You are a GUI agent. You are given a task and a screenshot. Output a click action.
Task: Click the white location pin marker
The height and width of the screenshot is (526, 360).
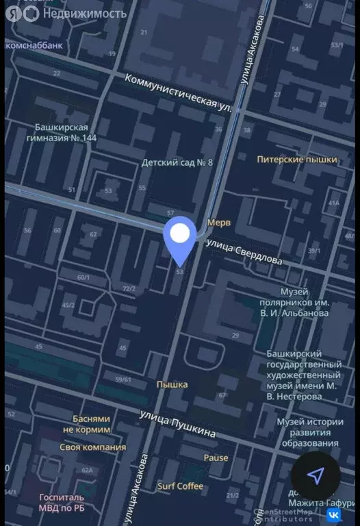(180, 236)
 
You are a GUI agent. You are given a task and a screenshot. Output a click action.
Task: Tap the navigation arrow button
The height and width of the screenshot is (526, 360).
(316, 476)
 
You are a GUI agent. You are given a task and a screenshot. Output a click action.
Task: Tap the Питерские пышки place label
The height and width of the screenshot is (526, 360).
(297, 160)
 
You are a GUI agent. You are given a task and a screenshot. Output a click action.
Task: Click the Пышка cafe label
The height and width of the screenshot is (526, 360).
(172, 384)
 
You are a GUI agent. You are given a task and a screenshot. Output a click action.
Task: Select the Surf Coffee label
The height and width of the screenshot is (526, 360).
(180, 486)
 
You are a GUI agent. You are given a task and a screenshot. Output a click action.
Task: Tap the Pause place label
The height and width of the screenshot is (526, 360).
(216, 458)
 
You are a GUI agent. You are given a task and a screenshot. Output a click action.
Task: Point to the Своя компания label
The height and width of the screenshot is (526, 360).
(93, 447)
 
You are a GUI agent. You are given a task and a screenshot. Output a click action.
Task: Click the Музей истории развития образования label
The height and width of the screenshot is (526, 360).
(310, 433)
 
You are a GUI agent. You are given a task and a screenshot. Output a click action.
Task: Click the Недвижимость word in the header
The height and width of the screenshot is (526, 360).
(84, 13)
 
